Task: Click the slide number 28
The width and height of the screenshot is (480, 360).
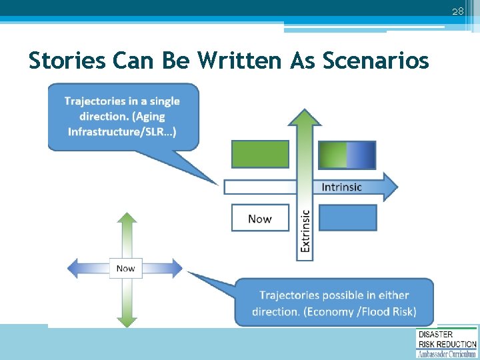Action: (x=457, y=11)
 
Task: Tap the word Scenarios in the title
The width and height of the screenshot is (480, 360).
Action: (x=376, y=61)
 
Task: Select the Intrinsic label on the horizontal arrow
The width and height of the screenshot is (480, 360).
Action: (x=341, y=187)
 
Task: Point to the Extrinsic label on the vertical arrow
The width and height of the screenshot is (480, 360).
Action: (x=305, y=231)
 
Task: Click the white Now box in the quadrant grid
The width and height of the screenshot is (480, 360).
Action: (x=260, y=218)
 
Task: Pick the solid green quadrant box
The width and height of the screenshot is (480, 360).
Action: (x=260, y=154)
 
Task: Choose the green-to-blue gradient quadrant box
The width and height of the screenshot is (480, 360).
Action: (x=347, y=154)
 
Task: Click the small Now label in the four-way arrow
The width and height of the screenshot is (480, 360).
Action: (x=125, y=269)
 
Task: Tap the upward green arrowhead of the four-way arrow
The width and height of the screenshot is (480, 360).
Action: (x=125, y=220)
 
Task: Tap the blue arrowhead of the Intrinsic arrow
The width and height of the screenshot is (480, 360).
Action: (x=389, y=187)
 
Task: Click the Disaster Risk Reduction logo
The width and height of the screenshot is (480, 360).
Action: (x=447, y=343)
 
